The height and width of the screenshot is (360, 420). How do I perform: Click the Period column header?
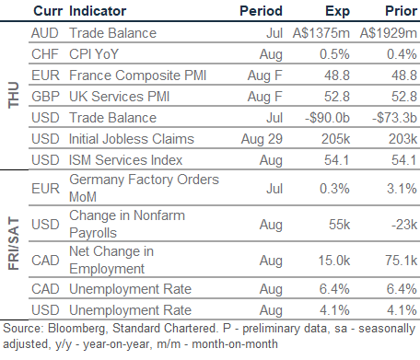pos(261,11)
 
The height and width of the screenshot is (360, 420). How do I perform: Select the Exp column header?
pos(337,12)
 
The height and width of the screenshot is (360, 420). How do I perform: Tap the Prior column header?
pos(401,11)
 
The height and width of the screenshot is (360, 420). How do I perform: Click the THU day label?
pos(14,95)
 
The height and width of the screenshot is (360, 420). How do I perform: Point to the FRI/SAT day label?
pos(14,243)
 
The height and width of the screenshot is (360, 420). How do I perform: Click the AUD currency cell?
pos(45,33)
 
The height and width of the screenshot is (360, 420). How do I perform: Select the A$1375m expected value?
pos(321,33)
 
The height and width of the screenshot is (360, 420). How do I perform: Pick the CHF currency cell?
pos(45,54)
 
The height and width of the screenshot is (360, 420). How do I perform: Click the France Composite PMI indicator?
pos(137,75)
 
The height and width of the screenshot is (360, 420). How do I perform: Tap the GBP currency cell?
pos(45,97)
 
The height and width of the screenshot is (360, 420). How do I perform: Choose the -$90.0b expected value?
pos(327,118)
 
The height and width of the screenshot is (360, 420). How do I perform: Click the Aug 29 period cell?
pos(262,139)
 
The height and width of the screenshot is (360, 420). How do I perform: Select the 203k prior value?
pos(402,139)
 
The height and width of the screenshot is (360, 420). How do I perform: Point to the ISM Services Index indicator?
pos(125,160)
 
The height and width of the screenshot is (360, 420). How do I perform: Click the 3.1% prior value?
pos(402,188)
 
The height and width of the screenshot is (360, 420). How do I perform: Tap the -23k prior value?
pos(404,225)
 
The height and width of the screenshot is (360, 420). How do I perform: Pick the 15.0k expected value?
pos(334,261)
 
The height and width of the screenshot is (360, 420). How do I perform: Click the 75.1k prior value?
pos(402,261)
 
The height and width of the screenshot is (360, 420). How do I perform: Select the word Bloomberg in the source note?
pos(77,329)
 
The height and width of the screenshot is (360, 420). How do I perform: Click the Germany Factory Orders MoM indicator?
pos(144,188)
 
